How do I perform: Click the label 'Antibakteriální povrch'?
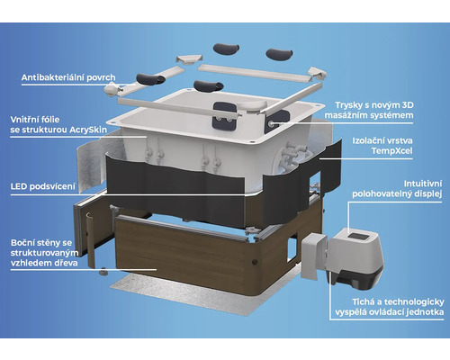[x=68, y=77]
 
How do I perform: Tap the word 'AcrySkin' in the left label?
[x=88, y=130]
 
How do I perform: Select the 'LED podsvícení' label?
[x=43, y=186]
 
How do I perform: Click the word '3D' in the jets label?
[x=407, y=105]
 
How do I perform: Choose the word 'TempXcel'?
[x=391, y=150]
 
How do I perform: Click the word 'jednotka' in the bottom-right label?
[x=425, y=312]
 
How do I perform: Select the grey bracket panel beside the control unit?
[x=313, y=256]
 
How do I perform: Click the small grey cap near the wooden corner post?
[x=103, y=272]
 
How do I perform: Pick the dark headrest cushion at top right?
[x=279, y=54]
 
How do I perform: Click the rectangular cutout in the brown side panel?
[x=292, y=250]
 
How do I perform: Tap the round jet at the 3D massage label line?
[x=271, y=123]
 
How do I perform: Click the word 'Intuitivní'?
[x=423, y=184]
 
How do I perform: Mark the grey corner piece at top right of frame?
[x=318, y=73]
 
